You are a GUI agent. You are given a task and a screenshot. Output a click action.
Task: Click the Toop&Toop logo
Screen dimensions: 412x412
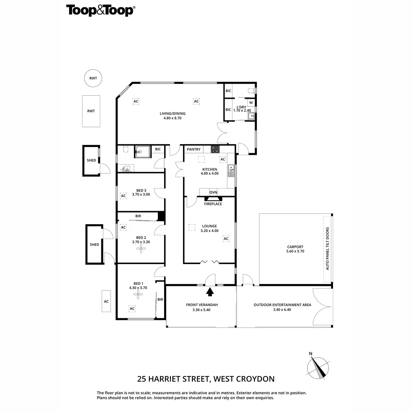coord(100,11)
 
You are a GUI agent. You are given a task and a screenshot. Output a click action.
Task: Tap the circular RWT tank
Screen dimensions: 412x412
coord(93,78)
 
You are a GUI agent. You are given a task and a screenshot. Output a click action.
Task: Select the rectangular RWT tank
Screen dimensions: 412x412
coord(91,111)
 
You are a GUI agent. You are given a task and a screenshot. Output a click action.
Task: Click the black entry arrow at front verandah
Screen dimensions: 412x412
coord(210,291)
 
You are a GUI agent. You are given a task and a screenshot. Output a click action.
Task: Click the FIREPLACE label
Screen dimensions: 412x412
coord(213,204)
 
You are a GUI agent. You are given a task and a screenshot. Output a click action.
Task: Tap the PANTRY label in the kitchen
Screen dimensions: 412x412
coord(194,149)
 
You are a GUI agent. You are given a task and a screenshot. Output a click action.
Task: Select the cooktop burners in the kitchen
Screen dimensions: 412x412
coord(215,149)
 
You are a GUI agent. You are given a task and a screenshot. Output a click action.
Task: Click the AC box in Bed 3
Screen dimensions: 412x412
coord(123,196)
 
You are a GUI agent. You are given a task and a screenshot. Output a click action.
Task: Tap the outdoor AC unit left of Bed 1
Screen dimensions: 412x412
coord(106,301)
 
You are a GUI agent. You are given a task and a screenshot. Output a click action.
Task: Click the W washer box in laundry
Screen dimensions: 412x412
coord(251,103)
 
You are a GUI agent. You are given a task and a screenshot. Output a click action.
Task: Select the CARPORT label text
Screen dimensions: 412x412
coord(295,247)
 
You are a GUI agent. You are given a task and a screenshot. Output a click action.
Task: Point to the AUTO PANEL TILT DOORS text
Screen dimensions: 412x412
coord(328,249)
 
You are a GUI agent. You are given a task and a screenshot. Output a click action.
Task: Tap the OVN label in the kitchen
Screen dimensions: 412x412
coord(213,192)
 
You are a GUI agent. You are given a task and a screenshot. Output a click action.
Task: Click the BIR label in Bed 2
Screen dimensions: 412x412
coord(138,216)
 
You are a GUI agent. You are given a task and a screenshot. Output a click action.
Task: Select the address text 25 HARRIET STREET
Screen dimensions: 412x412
coord(173,379)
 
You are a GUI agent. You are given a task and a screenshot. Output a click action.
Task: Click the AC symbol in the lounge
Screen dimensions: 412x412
coord(226,239)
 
